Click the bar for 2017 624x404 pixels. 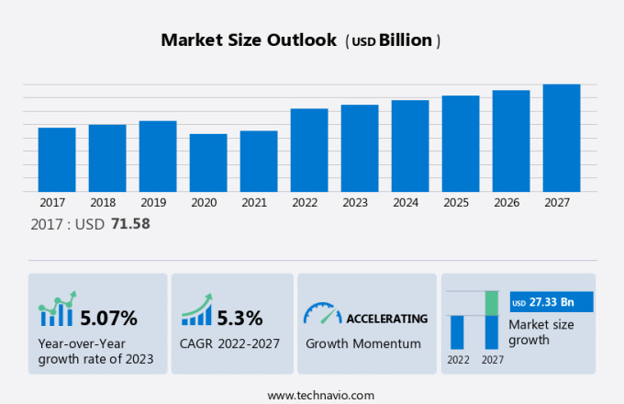[57, 159]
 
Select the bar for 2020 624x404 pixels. [208, 163]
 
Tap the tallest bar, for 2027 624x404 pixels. [562, 138]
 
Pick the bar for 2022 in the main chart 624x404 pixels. [309, 150]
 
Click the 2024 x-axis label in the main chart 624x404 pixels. [410, 202]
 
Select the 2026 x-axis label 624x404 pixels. [511, 202]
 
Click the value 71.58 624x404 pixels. [129, 224]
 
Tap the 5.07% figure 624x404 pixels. [108, 319]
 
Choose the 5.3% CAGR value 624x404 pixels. [240, 319]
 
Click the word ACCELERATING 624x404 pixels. [386, 319]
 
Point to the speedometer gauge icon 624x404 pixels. [321, 314]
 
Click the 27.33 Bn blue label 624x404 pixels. [552, 302]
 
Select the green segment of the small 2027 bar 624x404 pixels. [492, 303]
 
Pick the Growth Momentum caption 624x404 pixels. [362, 343]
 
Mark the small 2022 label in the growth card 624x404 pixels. [458, 360]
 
